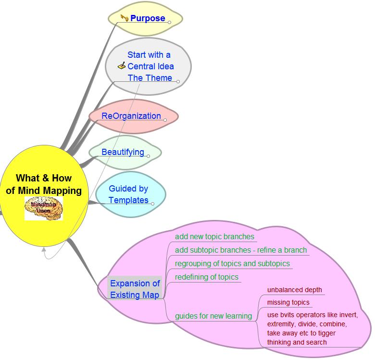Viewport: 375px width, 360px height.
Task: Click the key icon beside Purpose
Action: [x=125, y=18]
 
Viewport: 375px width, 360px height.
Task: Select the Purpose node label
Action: [x=148, y=18]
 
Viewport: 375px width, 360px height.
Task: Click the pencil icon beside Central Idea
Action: [x=122, y=66]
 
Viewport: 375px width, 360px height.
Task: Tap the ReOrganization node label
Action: [x=131, y=116]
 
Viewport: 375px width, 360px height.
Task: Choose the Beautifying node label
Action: [x=123, y=152]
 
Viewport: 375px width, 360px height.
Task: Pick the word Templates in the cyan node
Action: [x=128, y=200]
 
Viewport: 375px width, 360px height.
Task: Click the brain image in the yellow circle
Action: [x=44, y=208]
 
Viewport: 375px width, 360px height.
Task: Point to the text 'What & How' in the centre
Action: [x=44, y=178]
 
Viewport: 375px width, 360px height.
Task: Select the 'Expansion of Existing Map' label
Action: [x=135, y=289]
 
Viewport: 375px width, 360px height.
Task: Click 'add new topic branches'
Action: [x=214, y=236]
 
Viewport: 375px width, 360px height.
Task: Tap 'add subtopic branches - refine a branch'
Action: [x=240, y=250]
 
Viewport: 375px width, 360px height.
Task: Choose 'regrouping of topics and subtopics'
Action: [x=232, y=263]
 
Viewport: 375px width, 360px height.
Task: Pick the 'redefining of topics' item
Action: [x=207, y=277]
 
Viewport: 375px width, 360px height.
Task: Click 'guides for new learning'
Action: [x=213, y=316]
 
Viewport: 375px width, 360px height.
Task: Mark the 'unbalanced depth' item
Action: [x=294, y=290]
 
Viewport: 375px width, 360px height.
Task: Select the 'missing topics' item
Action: [x=288, y=302]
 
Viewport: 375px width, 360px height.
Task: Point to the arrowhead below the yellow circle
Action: [x=44, y=249]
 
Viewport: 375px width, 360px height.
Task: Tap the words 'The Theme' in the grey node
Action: [x=150, y=77]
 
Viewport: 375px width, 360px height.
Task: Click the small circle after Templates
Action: [x=153, y=204]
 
